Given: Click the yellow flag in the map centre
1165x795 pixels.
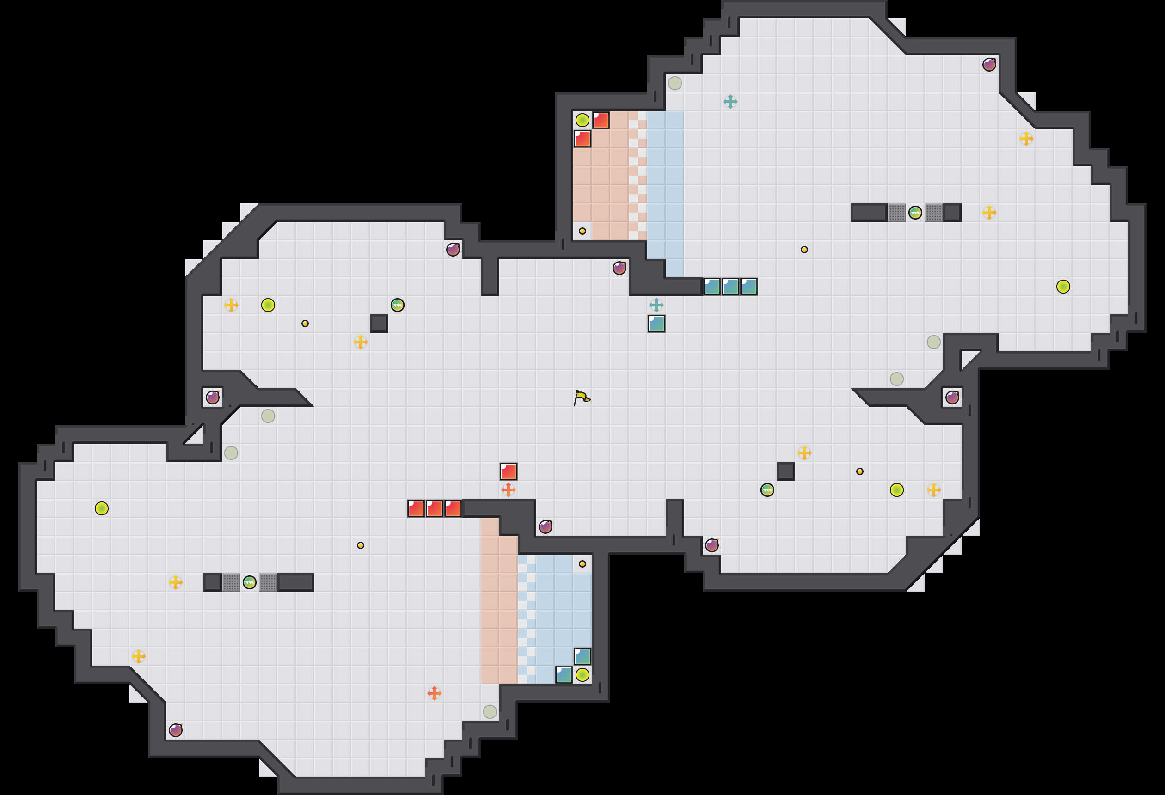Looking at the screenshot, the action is pos(582,398).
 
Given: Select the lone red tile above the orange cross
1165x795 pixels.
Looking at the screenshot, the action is pos(509,471).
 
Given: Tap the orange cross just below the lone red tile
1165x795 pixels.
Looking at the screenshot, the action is pos(509,490).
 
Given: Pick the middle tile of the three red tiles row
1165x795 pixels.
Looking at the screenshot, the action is pos(434,508).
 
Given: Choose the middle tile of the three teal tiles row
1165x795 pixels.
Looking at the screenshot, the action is pos(730,287).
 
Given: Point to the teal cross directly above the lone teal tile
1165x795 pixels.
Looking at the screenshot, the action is pos(656,305).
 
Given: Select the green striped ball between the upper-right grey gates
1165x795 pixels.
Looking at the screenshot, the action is pos(915,213).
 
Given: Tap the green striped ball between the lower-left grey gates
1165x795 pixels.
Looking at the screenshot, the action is pos(250,582).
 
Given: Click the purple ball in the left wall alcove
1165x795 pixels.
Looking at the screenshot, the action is pos(213,397).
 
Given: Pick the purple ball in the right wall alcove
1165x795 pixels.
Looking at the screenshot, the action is pos(952,397).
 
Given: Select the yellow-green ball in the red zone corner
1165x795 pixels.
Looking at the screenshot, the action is pos(582,120).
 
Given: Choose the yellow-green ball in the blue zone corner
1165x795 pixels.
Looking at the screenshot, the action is pos(582,675).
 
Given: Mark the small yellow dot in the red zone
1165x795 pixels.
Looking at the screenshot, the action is pos(582,231).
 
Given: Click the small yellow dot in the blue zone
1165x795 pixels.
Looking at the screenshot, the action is pos(582,564).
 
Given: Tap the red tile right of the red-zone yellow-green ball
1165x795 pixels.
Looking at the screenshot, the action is pos(601,120).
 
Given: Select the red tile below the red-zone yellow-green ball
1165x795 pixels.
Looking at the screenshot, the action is pos(582,139).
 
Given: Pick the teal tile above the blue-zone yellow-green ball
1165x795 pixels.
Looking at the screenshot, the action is pos(582,656).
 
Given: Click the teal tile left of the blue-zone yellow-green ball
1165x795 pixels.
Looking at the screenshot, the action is pos(564,675).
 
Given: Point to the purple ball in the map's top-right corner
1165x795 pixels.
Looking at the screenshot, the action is pos(989,65).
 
